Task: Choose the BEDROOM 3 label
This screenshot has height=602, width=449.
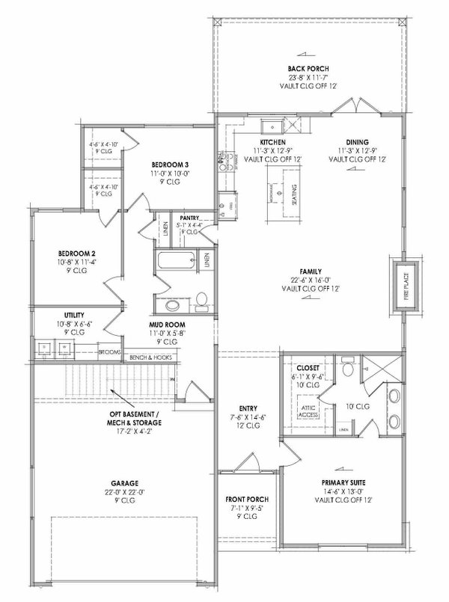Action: (171, 164)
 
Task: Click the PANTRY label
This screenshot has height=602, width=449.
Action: (189, 217)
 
